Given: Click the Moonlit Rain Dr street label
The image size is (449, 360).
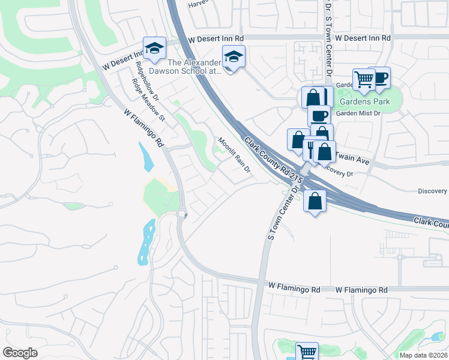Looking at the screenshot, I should (234, 155).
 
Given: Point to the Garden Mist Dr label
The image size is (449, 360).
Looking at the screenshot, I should (358, 113).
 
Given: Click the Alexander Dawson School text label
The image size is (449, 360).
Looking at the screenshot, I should (194, 67).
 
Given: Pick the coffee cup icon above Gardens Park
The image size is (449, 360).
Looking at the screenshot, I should (380, 77).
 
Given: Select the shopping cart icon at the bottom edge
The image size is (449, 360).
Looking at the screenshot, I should (307, 352).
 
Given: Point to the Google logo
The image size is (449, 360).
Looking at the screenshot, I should (20, 353).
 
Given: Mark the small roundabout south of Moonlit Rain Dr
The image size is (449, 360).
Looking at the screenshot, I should (182, 214).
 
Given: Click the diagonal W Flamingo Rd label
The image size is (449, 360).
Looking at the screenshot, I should (144, 128).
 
